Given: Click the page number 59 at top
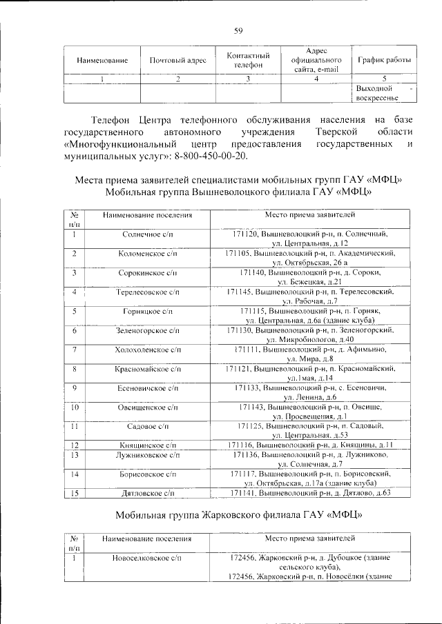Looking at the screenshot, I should coord(238,29).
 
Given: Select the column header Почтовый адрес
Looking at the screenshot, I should coord(178,60).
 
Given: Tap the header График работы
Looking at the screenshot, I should coord(384,60).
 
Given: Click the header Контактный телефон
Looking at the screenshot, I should coord(248,60).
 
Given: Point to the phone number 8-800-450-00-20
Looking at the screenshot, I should coord(212,157).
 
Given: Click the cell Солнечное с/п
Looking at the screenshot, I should coord(147,234).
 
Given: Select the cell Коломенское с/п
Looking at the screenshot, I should coord(147,254).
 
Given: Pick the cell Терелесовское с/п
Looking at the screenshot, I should coord(147,292).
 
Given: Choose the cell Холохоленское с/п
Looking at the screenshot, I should coord(147,350).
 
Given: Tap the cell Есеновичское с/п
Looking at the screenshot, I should coord(147,389).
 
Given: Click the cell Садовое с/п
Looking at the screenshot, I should coord(147,427).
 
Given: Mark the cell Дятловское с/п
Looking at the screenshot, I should coord(147,493).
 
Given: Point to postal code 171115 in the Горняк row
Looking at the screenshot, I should coord(256,312).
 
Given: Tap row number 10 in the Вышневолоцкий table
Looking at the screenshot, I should coord(75,408).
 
